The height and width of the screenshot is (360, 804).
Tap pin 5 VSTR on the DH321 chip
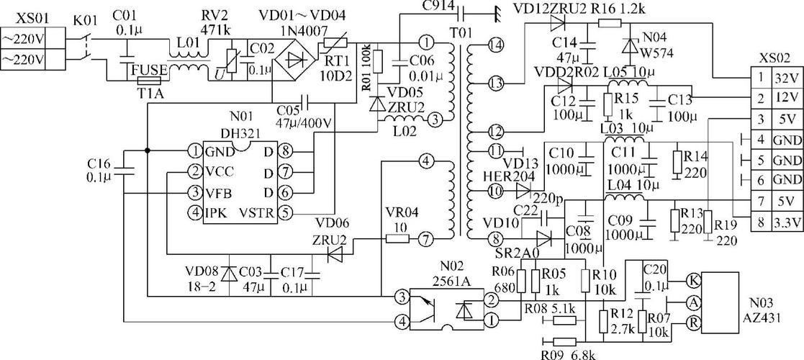pyautogui.click(x=284, y=213)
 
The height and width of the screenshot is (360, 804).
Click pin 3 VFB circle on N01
pyautogui.click(x=194, y=193)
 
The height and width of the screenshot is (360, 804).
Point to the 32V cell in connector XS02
pyautogui.click(x=785, y=78)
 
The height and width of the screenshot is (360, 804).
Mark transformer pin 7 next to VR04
pyautogui.click(x=425, y=238)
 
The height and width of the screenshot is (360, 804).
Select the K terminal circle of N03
pyautogui.click(x=693, y=282)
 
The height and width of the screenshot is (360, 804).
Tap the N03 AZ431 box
pyautogui.click(x=720, y=302)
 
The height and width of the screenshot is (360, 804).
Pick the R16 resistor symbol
pyautogui.click(x=610, y=22)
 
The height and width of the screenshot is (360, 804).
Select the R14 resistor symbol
pyautogui.click(x=678, y=163)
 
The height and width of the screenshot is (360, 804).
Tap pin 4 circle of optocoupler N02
pyautogui.click(x=402, y=322)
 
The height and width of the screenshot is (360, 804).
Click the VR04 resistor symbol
pyautogui.click(x=397, y=238)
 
